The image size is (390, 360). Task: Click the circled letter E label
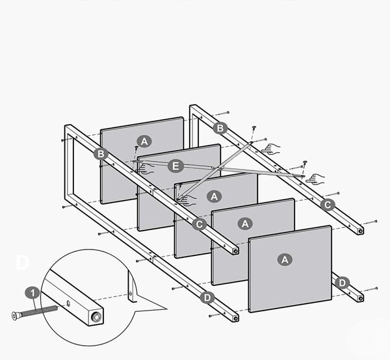(x=175, y=166)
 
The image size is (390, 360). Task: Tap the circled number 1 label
(x=32, y=293)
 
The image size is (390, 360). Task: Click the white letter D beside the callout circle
(x=22, y=263)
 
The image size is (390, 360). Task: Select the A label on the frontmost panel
(x=285, y=259)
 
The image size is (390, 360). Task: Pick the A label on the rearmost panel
(x=144, y=142)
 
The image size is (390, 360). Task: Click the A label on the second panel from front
(x=245, y=224)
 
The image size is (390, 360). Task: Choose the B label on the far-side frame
(x=220, y=128)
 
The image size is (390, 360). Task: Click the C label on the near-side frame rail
(x=200, y=224)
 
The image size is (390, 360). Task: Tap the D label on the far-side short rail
(x=343, y=283)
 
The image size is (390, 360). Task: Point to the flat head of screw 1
(x=15, y=316)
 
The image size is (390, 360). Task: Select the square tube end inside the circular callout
(x=96, y=317)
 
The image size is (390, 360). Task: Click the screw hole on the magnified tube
(x=69, y=303)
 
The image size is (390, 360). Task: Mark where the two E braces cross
(x=218, y=168)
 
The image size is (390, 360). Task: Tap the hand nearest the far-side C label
(x=315, y=179)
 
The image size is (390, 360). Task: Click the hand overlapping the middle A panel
(x=188, y=200)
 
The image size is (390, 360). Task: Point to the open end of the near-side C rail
(x=235, y=251)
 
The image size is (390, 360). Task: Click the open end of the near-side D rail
(x=235, y=318)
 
